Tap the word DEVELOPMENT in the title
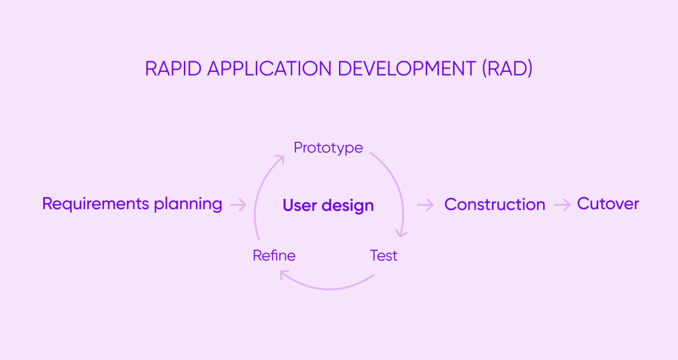pos(407,69)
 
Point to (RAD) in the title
pos(507,69)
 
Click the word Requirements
pos(95,204)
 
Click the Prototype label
pos(328,148)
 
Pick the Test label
pos(384,256)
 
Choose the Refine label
pos(274,256)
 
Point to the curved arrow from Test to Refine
pos(329,288)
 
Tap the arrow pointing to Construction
pos(426,205)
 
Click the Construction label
pos(494,205)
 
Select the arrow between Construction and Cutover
pos(562,205)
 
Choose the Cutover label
pos(608,204)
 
